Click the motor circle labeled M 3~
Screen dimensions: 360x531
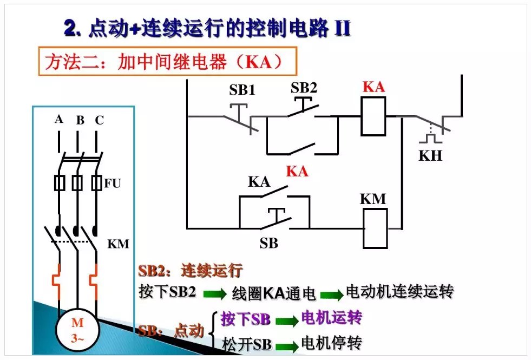(x=77, y=331)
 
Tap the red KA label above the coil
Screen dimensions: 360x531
(x=373, y=87)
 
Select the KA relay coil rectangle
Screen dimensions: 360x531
(x=373, y=116)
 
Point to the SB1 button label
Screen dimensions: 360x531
(x=242, y=90)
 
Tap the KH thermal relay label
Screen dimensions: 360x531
(x=430, y=156)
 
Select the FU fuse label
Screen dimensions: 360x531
(x=113, y=184)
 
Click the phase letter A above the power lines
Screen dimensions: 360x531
(x=59, y=119)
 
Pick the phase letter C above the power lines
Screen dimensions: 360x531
(x=99, y=120)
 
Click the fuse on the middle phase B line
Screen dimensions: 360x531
(x=77, y=183)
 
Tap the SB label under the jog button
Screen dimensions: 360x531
(x=268, y=244)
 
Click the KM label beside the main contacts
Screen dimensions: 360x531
(x=119, y=244)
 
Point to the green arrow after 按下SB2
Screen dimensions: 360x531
(x=214, y=294)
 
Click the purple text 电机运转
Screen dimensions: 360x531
(x=331, y=318)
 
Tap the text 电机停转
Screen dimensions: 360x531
(x=331, y=343)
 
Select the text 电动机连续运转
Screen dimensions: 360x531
(x=399, y=292)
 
